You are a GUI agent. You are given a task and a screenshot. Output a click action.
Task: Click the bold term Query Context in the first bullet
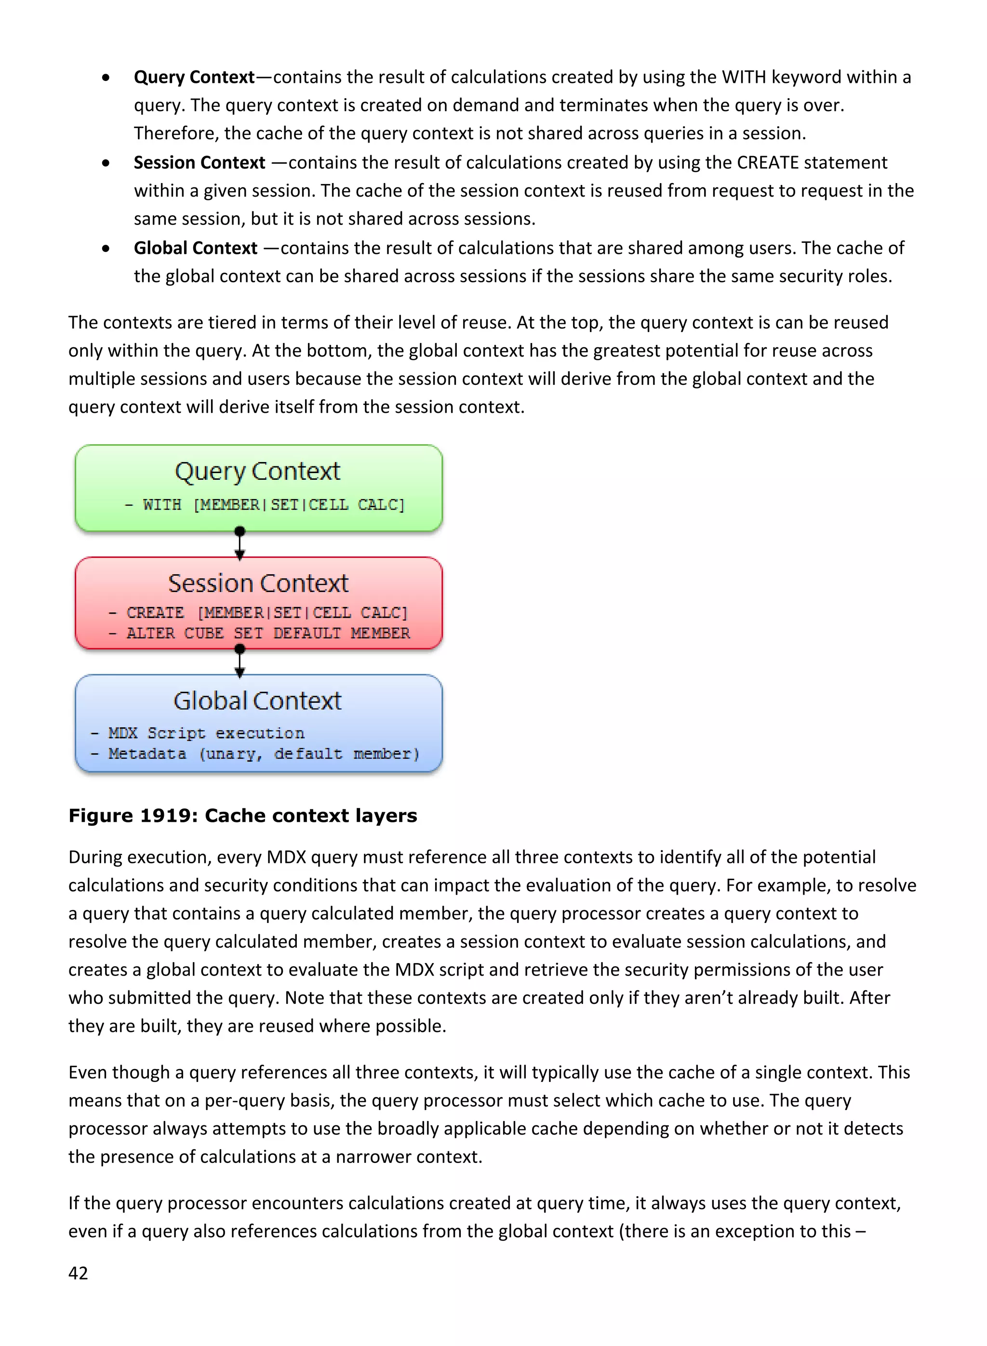click(194, 77)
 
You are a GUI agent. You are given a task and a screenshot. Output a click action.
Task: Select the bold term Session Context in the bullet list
click(199, 162)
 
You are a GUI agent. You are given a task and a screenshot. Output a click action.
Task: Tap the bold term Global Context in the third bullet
click(195, 248)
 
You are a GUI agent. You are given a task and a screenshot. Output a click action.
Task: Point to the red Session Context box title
click(258, 583)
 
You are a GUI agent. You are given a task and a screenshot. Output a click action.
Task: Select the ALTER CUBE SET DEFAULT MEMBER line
click(260, 633)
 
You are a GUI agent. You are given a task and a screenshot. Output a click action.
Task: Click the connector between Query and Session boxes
click(240, 543)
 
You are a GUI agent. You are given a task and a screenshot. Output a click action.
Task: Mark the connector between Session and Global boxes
click(240, 661)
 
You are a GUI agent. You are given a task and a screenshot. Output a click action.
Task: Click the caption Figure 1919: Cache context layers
click(242, 816)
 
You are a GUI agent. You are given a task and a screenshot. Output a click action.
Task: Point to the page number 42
click(78, 1273)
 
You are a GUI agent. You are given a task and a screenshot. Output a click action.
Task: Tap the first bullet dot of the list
click(106, 78)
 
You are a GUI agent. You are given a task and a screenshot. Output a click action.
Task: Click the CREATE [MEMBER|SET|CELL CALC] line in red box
click(259, 613)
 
